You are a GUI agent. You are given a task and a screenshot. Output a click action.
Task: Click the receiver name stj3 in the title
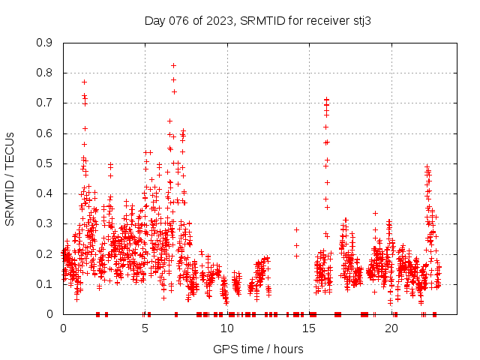coord(359,20)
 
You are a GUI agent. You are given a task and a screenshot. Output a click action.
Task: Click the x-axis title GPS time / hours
coord(258,349)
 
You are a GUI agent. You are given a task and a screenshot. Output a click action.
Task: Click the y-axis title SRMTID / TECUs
coord(10,178)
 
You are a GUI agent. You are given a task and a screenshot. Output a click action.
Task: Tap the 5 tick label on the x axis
coord(145,328)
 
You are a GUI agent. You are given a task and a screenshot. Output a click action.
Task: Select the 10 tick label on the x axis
coord(227,328)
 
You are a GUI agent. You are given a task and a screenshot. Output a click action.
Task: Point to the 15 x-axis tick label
coord(310,328)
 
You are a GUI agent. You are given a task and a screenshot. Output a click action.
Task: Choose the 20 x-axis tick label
coord(391,328)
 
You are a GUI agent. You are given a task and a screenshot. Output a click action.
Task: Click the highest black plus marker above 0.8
coord(173,65)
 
